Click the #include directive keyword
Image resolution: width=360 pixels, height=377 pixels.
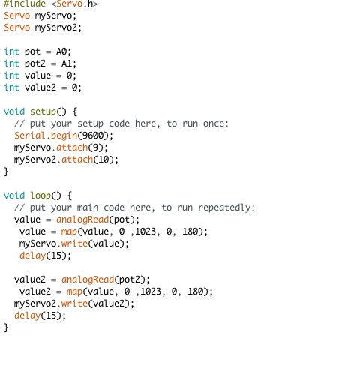coord(25,4)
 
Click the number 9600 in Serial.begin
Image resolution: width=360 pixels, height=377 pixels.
coord(93,136)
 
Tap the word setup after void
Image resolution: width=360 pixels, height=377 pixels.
coord(43,112)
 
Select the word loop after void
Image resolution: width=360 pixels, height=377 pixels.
coord(40,196)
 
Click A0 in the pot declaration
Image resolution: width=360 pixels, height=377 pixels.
coord(61,52)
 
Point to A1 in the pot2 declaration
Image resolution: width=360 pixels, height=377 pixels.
coord(67,64)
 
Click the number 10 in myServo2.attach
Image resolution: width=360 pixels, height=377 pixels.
coord(103,160)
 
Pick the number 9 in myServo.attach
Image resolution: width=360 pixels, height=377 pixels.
coord(96,148)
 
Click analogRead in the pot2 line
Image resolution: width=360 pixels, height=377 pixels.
coord(88,280)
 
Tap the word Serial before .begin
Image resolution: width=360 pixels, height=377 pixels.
coord(30,136)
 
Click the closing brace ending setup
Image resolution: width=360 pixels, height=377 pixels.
coord(6,172)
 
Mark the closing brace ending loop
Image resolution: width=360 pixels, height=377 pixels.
coord(6,328)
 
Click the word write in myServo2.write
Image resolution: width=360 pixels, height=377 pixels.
coord(74,304)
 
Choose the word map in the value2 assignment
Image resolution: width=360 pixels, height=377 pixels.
coord(74,292)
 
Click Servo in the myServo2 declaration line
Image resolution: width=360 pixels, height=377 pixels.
coord(16,28)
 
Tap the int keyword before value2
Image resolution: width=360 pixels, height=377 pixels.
coord(11,88)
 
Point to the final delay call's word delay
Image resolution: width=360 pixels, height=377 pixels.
coord(27,316)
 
